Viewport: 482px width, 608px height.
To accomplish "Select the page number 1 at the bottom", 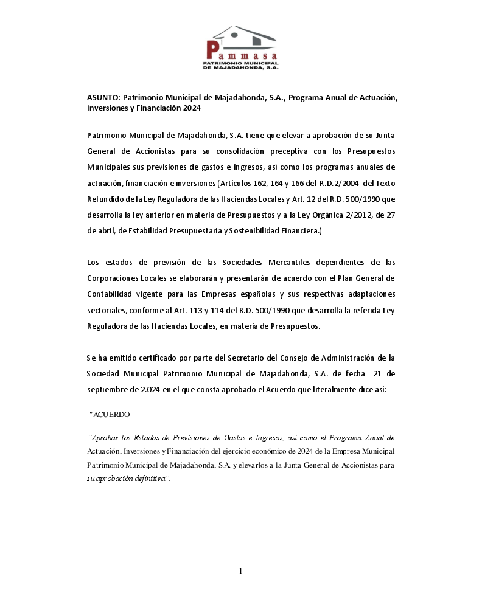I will [x=241, y=570].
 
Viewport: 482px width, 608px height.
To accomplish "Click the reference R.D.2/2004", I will [x=337, y=183].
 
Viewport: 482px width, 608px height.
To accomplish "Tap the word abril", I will [x=97, y=231].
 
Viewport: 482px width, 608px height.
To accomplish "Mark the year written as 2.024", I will [x=148, y=389].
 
